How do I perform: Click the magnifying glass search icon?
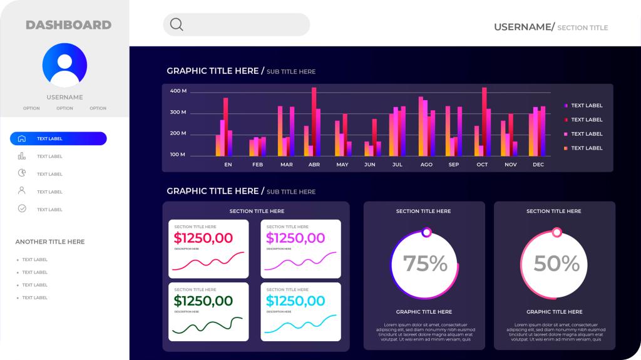click(177, 24)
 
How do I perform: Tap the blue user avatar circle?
click(64, 65)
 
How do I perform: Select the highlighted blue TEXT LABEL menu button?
click(58, 139)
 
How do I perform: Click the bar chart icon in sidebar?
click(22, 156)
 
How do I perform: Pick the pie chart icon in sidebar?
click(22, 173)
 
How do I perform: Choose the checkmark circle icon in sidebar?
click(22, 208)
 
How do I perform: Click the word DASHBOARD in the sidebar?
click(68, 25)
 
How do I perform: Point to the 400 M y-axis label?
click(178, 91)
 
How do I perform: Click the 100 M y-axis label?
click(178, 155)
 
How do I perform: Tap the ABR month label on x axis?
click(314, 165)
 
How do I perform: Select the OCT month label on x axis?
click(482, 165)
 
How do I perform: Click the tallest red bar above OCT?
click(484, 119)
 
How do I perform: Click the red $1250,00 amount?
click(203, 238)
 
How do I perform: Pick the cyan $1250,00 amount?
click(295, 301)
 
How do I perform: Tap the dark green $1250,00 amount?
click(203, 301)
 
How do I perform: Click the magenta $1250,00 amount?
click(295, 238)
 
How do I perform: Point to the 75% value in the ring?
click(425, 264)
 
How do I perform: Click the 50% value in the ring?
click(556, 264)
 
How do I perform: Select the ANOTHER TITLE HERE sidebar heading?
click(50, 242)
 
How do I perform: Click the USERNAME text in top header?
click(522, 27)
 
